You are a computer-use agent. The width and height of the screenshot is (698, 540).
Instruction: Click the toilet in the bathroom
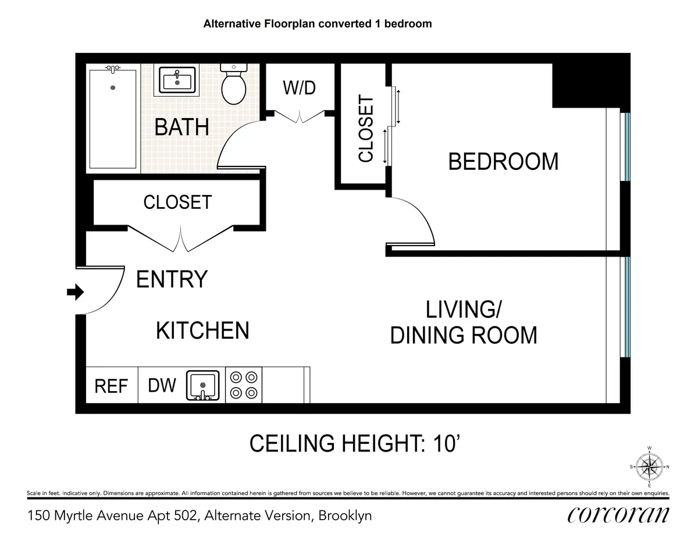[x=234, y=86]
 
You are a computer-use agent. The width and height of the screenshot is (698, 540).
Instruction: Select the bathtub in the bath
[x=112, y=119]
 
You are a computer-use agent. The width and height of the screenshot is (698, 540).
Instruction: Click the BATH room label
[x=181, y=127]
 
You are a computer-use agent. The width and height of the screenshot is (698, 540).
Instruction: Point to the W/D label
[x=299, y=88]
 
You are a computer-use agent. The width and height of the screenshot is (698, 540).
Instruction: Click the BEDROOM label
[x=503, y=161]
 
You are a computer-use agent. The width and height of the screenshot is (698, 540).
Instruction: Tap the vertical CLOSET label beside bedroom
[x=366, y=129]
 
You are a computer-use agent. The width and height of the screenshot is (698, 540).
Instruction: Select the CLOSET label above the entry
[x=177, y=202]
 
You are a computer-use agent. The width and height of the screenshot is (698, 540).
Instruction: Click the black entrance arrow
[x=75, y=292]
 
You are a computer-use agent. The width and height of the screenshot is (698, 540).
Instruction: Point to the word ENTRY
[x=172, y=279]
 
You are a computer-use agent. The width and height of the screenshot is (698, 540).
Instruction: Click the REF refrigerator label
[x=111, y=386]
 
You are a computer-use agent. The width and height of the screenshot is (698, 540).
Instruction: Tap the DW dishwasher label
[x=162, y=385]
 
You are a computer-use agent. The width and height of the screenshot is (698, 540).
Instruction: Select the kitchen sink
[x=202, y=385]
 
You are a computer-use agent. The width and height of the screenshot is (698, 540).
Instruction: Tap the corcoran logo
[x=618, y=514]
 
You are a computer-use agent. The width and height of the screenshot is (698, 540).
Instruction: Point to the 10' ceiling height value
[x=448, y=444]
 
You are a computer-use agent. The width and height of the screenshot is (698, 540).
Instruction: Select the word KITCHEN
[x=202, y=331]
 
